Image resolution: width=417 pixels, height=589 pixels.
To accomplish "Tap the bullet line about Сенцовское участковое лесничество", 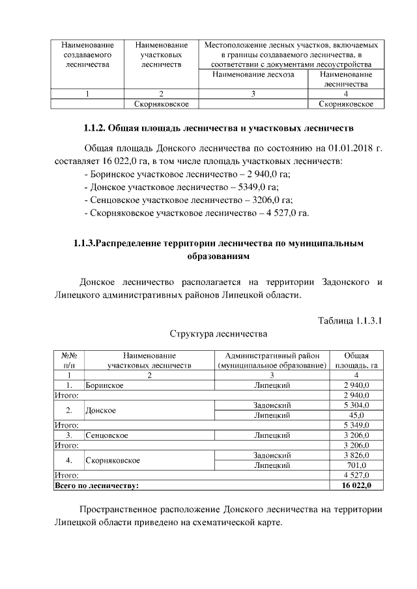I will (x=189, y=200).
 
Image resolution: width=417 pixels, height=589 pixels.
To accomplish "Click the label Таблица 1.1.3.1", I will (x=350, y=321).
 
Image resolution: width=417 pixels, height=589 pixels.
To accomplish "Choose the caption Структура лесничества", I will (x=218, y=334).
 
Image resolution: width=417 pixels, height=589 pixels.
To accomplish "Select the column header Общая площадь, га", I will (x=356, y=361).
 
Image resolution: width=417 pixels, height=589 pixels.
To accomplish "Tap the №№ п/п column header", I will (x=69, y=361).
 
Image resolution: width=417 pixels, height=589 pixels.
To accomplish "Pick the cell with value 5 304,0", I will (x=356, y=405).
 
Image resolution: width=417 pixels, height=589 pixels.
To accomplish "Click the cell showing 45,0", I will (x=356, y=415).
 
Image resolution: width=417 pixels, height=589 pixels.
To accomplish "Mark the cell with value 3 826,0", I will (x=356, y=455).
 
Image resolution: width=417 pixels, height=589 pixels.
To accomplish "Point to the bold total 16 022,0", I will (x=356, y=485).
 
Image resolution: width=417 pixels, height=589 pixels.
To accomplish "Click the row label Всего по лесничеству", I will (x=97, y=485).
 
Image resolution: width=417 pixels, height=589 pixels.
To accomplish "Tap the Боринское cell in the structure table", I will (x=104, y=385).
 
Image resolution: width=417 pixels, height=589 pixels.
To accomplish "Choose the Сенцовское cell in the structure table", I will (x=106, y=435).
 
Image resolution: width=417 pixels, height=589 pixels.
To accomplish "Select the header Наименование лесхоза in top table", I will (x=253, y=75).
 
